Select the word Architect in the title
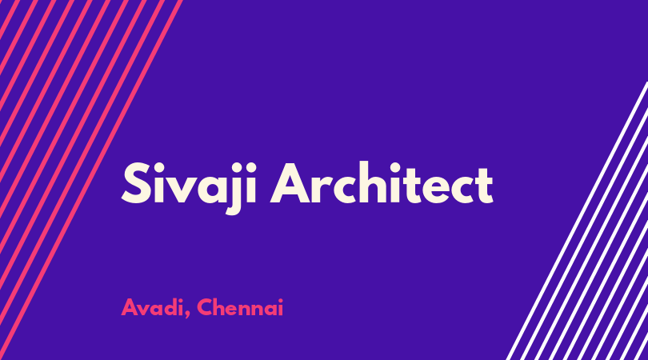click(x=382, y=182)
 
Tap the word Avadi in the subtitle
click(x=152, y=308)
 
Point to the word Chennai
click(x=240, y=307)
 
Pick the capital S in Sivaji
click(x=135, y=183)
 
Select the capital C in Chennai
click(x=206, y=307)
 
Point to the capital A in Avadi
click(x=130, y=307)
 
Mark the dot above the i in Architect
click(x=394, y=167)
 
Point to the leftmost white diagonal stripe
click(x=577, y=221)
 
